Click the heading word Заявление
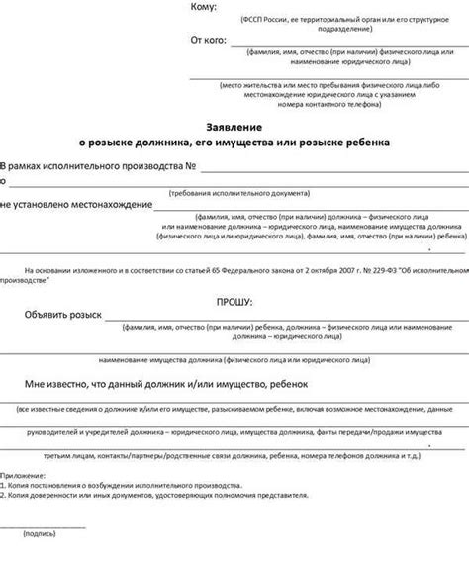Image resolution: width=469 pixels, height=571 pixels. pyautogui.click(x=234, y=128)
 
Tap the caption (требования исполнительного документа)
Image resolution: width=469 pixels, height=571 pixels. pyautogui.click(x=234, y=192)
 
